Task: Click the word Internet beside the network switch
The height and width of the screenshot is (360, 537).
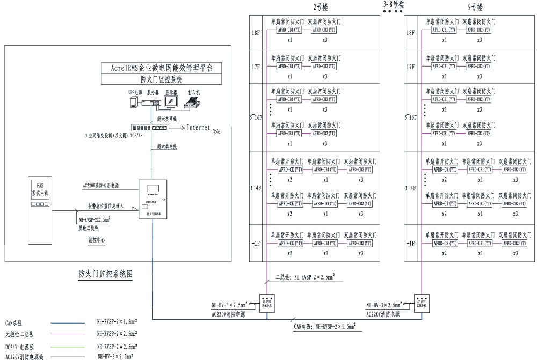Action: (x=198, y=128)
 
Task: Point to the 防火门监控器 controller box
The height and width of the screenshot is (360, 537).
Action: (x=153, y=199)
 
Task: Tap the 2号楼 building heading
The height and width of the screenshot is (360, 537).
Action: (x=321, y=8)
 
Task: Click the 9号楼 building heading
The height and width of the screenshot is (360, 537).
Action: (x=475, y=8)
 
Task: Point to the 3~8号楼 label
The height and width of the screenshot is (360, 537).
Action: (x=394, y=4)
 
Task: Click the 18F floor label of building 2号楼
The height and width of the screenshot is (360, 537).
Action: (x=256, y=33)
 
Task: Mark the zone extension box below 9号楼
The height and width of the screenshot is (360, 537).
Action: (x=422, y=302)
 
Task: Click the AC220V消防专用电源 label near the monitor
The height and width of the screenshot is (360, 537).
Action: (x=101, y=186)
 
